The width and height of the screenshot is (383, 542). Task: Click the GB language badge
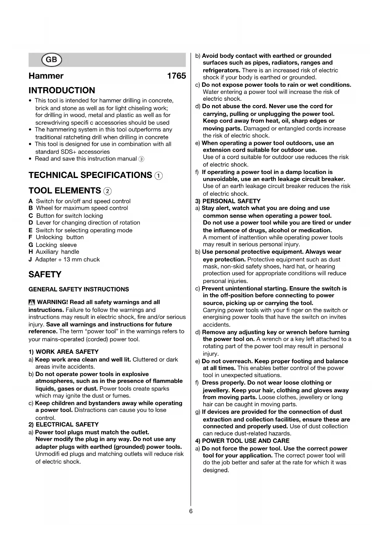tap(51, 60)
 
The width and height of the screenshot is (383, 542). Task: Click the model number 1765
tap(177, 76)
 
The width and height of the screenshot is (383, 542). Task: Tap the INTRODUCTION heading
tap(62, 91)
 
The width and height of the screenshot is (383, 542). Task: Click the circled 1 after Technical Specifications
tap(158, 176)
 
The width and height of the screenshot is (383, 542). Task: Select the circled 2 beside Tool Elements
tap(107, 191)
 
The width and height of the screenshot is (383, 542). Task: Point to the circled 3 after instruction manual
tap(141, 159)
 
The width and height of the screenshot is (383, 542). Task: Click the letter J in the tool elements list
tap(30, 260)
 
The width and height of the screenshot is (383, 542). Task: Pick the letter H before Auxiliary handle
tap(31, 252)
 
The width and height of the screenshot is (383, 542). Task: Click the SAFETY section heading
tap(45, 274)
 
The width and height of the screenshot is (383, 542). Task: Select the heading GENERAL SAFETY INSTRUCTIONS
tap(79, 290)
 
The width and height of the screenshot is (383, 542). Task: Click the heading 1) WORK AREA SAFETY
tap(64, 352)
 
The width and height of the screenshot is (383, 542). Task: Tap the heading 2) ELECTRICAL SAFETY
tap(64, 425)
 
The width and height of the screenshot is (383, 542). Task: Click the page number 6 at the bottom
tap(191, 511)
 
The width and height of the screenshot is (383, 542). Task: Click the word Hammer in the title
tap(46, 76)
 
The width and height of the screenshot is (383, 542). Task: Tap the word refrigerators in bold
tap(221, 70)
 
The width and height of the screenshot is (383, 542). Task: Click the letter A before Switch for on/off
tap(31, 201)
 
